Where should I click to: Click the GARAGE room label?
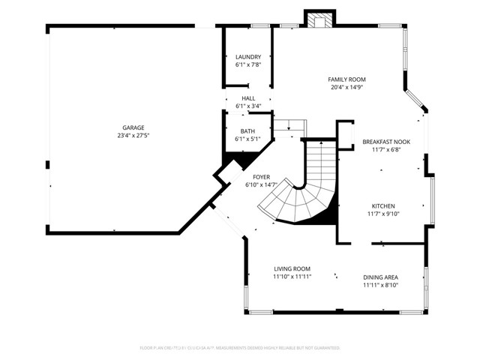tap(129, 127)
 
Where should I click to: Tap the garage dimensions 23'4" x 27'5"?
tap(129, 136)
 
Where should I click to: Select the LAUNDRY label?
tap(248, 57)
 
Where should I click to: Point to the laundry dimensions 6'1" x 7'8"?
tap(248, 65)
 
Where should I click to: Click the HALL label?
tap(248, 98)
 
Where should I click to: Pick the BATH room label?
tap(248, 130)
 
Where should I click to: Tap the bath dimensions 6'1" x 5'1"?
tap(248, 139)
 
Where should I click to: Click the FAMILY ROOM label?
tap(346, 79)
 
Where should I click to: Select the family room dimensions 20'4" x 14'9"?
tap(346, 87)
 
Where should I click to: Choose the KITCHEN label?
tap(383, 205)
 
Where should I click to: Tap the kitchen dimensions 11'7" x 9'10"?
tap(383, 214)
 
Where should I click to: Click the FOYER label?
tap(261, 176)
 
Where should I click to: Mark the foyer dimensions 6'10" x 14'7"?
tap(261, 184)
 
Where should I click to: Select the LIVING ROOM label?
tap(292, 268)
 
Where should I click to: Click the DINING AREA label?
tap(381, 276)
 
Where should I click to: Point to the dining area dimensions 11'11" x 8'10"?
tap(381, 284)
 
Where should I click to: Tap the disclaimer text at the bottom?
tap(240, 348)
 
